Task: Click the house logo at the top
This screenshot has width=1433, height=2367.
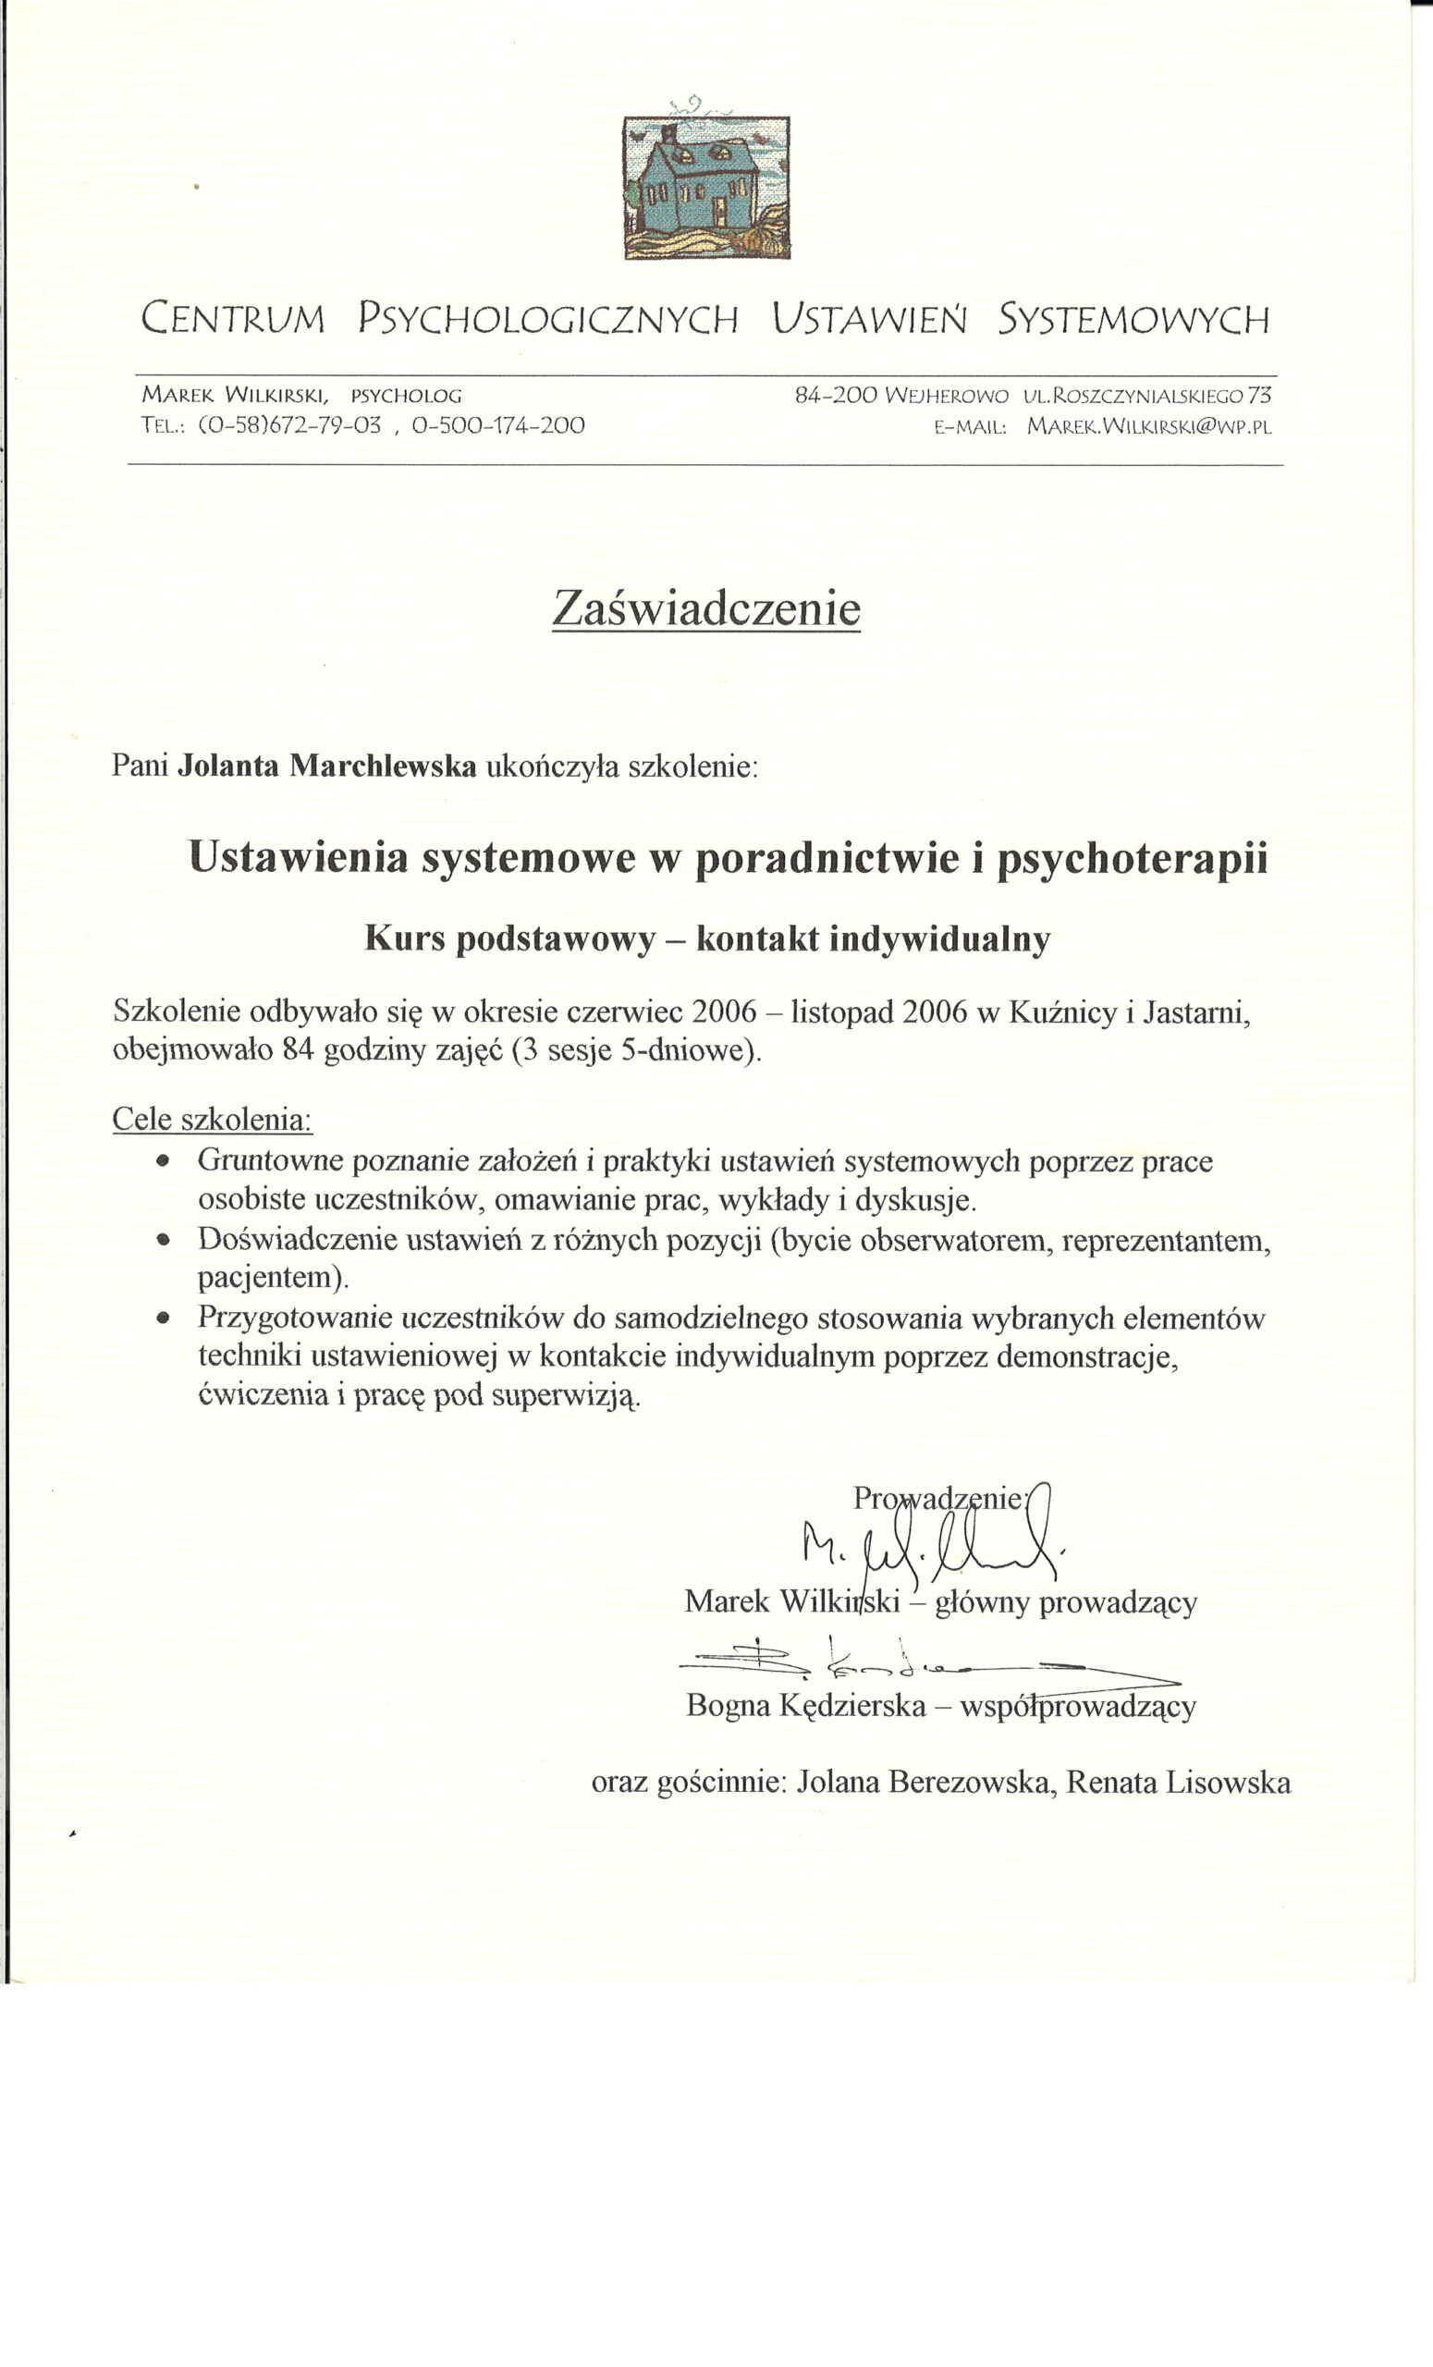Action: pyautogui.click(x=706, y=188)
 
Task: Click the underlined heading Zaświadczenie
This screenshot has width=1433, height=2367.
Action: pyautogui.click(x=706, y=608)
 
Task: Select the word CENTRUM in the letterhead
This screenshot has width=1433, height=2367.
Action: pyautogui.click(x=233, y=319)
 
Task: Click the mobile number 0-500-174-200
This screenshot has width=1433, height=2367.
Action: pyautogui.click(x=497, y=424)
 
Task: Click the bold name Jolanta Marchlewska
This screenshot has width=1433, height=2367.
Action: pyautogui.click(x=327, y=766)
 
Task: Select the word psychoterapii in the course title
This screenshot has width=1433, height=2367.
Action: pyautogui.click(x=1133, y=858)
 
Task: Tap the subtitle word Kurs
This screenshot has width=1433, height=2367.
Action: pyautogui.click(x=404, y=938)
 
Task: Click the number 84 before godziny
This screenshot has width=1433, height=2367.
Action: pyautogui.click(x=299, y=1050)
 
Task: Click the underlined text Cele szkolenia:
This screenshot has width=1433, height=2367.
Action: pyautogui.click(x=213, y=1119)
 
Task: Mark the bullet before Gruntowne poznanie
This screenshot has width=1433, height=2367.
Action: pyautogui.click(x=164, y=1160)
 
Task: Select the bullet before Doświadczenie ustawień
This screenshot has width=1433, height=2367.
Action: pyautogui.click(x=164, y=1239)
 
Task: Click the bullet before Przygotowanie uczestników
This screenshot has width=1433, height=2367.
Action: pyautogui.click(x=164, y=1318)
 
